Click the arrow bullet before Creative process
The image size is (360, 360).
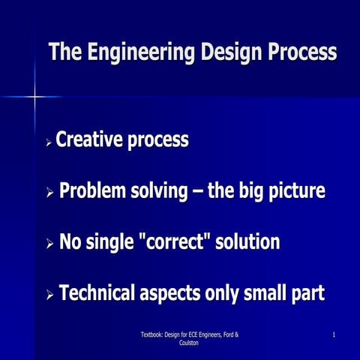[x=49, y=142]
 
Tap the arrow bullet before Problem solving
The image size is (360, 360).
[x=49, y=193]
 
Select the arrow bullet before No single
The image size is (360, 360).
[x=49, y=244]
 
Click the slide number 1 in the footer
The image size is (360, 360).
[x=331, y=334]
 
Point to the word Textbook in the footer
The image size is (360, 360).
[x=154, y=334]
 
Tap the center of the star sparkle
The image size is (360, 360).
[x=34, y=96]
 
